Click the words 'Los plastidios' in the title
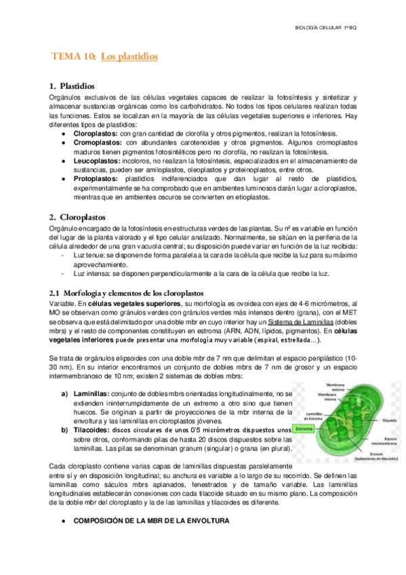pyautogui.click(x=129, y=58)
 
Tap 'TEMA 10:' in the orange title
pyautogui.click(x=74, y=58)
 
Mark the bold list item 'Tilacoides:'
pyautogui.click(x=92, y=430)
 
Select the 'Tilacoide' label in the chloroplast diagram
pyautogui.click(x=388, y=420)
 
